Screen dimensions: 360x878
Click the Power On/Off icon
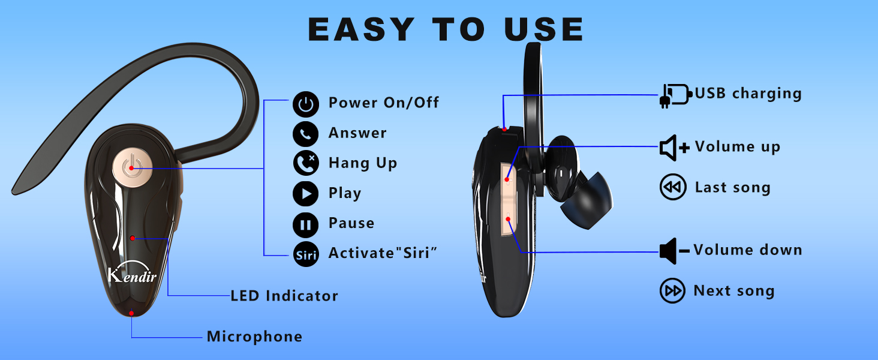pos(306,104)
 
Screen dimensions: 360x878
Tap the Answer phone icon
pos(306,134)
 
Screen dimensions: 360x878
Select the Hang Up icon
pos(306,163)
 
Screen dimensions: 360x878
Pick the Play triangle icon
pos(306,194)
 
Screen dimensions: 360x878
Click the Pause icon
pos(306,224)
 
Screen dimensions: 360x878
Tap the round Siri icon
pos(306,254)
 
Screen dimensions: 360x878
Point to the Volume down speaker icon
pos(674,251)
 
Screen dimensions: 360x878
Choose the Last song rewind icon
pos(673,188)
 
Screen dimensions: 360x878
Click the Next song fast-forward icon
pos(673,292)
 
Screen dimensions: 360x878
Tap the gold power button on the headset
pos(130,167)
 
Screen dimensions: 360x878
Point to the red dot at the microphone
pos(131,313)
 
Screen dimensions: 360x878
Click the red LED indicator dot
pos(132,238)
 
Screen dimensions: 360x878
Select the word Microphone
pos(254,337)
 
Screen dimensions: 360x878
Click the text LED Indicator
pos(284,296)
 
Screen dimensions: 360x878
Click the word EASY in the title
pos(360,29)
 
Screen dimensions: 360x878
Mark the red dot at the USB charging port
pos(505,128)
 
